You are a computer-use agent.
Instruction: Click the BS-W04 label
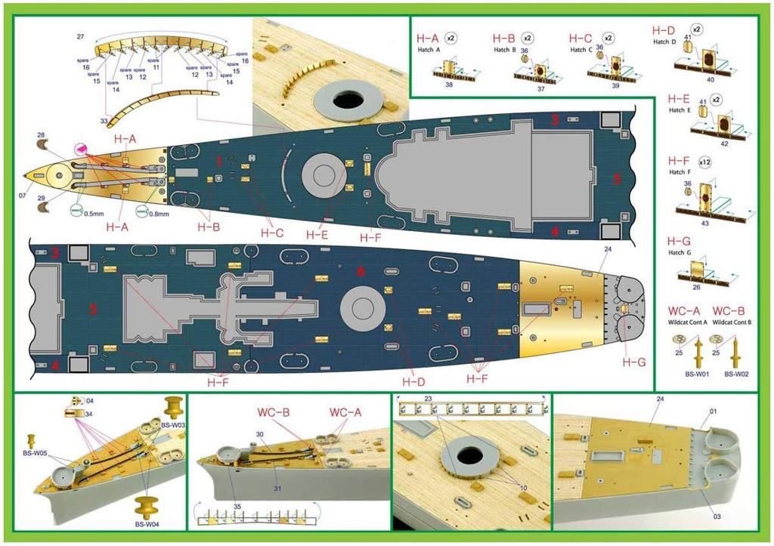tap(150, 523)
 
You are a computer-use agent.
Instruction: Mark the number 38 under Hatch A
tap(450, 86)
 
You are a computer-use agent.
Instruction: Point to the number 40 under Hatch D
tap(710, 79)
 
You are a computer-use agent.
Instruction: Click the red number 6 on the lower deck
tap(361, 271)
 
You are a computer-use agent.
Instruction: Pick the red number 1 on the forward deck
tap(220, 162)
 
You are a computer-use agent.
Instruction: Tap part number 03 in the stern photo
tap(716, 517)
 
